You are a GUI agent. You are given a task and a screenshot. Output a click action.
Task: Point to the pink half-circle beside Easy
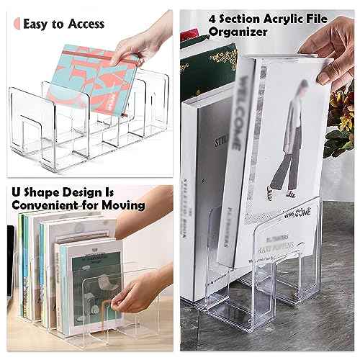coord(16,24)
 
